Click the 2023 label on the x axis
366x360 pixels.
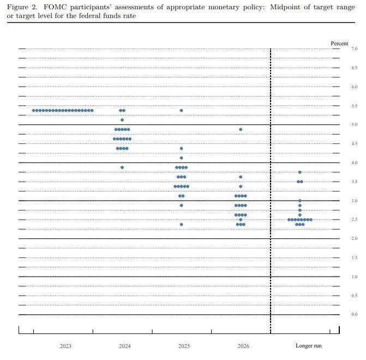pos(65,346)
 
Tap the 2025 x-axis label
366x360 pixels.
pos(184,346)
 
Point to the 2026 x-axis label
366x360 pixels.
pos(243,346)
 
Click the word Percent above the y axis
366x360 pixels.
pos(339,43)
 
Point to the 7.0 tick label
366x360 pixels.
pos(355,49)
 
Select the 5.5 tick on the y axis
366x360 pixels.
pos(355,106)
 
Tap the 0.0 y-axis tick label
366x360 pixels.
pos(355,315)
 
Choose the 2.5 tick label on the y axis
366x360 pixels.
pos(355,220)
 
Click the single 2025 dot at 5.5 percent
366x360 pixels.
pos(181,110)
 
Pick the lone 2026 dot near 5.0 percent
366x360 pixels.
pos(241,129)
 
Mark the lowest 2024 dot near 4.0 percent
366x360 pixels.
pos(122,167)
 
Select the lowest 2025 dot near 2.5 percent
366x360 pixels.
pos(181,224)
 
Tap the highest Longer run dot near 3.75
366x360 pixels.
pos(300,172)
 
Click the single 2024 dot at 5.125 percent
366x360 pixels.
pos(122,120)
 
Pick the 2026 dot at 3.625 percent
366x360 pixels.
pos(241,177)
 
